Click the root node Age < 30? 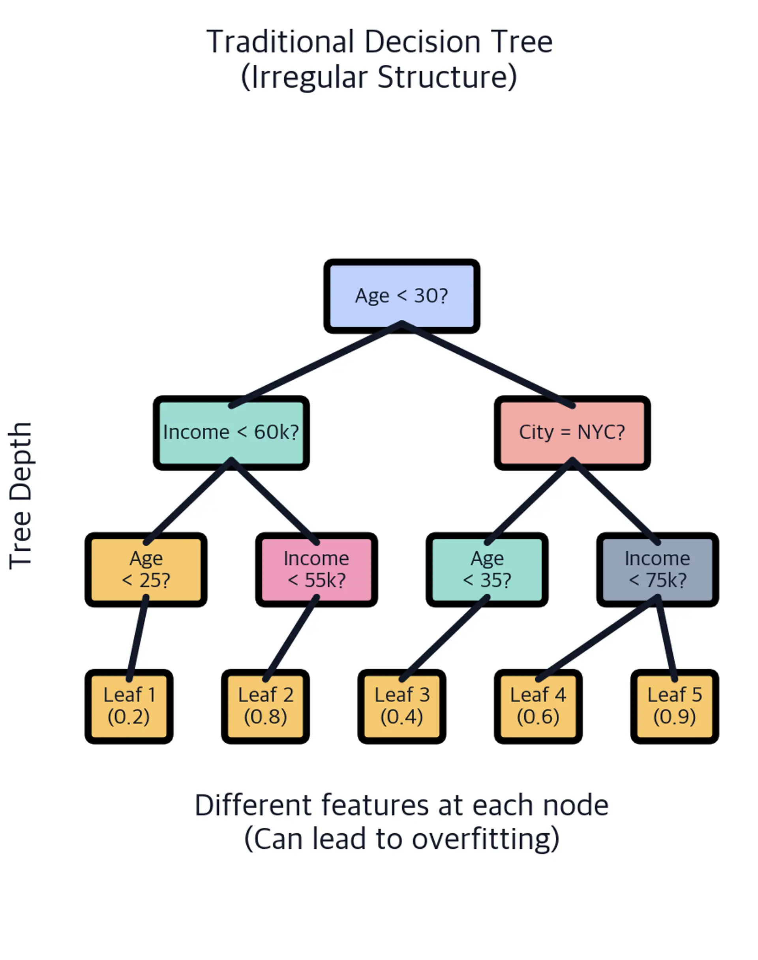402,296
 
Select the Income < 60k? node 231,433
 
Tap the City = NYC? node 572,433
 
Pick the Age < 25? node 146,569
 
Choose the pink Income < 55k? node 316,569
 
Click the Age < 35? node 487,569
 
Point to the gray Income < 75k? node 658,569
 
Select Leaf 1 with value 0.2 129,706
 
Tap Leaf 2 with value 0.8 265,706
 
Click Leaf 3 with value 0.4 402,706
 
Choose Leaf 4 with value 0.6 538,706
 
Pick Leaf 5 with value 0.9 675,706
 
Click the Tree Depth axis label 21,495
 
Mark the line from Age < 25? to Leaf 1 137,638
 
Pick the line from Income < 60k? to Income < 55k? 274,501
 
